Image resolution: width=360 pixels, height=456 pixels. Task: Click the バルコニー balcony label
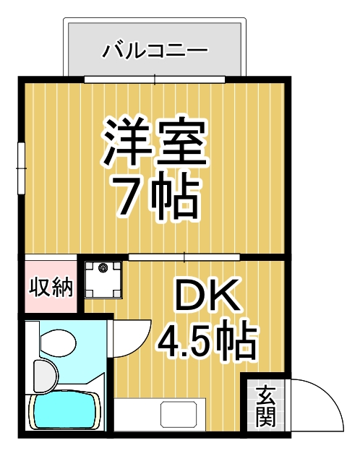click(x=155, y=50)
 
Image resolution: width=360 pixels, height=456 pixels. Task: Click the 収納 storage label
click(x=51, y=287)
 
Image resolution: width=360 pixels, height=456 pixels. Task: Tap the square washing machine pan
click(x=103, y=278)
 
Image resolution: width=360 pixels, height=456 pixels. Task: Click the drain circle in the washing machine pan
click(x=103, y=270)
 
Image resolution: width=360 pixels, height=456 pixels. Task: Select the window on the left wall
click(x=22, y=168)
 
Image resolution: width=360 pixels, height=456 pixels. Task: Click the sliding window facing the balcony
click(x=155, y=77)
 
